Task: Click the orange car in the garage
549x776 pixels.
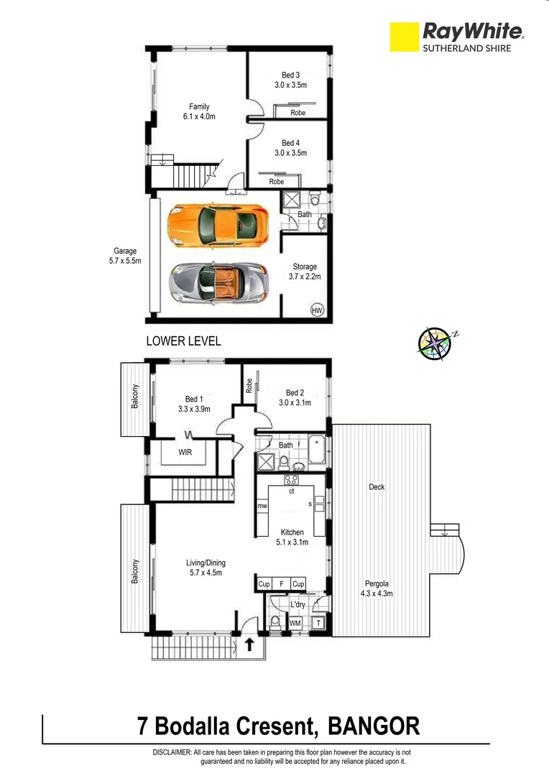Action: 217,225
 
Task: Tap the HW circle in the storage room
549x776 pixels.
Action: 316,310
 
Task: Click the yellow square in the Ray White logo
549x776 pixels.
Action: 404,37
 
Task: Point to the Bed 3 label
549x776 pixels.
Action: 290,75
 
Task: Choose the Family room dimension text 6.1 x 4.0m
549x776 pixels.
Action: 199,116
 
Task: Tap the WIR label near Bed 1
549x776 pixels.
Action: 185,453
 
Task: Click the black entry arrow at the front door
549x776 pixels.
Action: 249,644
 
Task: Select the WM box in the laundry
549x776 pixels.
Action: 295,623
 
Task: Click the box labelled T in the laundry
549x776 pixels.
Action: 318,623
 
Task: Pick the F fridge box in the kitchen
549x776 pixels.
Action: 282,584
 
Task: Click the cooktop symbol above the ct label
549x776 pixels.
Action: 292,481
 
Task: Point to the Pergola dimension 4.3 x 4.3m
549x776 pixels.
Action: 377,594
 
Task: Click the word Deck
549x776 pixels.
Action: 377,487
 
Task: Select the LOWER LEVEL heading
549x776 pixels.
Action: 183,341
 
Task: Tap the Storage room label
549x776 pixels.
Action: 305,267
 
